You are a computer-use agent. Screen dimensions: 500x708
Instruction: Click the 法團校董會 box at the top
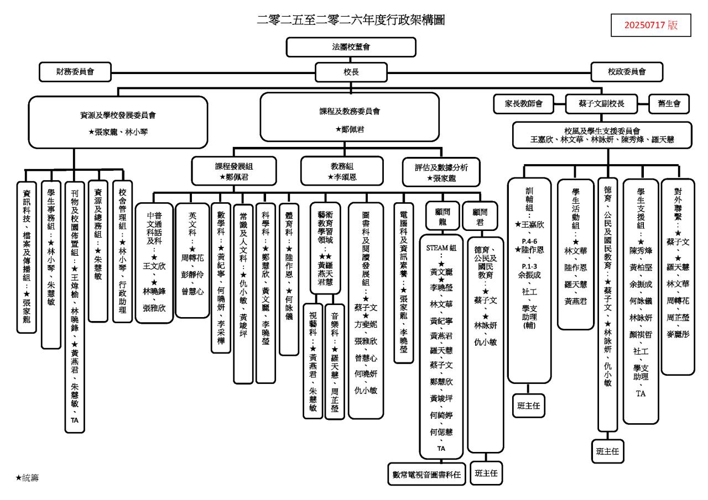pos(351,47)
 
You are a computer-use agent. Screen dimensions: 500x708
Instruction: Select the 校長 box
pos(351,71)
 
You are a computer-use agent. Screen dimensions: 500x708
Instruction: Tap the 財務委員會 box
pos(75,71)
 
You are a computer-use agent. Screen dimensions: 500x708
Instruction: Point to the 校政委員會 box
pos(627,71)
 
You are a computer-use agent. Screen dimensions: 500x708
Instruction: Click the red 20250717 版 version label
pos(651,25)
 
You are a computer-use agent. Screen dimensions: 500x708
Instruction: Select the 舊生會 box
pos(665,103)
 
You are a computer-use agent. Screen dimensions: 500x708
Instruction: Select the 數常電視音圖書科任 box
pos(426,474)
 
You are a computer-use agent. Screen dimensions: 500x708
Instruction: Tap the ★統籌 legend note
pos(27,477)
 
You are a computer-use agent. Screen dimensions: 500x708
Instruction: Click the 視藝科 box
pos(313,360)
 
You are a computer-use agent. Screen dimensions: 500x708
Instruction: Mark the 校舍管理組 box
pos(122,251)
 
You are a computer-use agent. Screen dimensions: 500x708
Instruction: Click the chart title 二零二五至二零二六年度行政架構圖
pos(351,21)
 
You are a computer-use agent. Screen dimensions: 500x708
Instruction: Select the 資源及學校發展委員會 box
pos(118,123)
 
